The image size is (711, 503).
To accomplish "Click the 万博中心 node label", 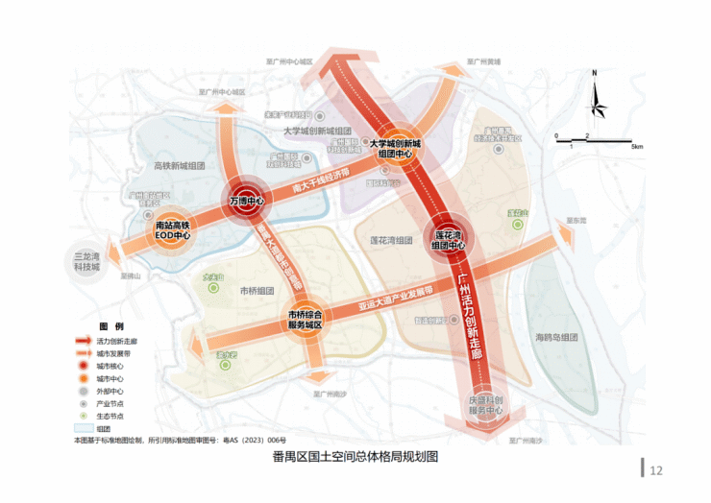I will [x=247, y=201].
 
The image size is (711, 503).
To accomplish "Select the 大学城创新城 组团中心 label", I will [x=395, y=148].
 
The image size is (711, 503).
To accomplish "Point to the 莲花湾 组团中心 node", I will [x=449, y=239].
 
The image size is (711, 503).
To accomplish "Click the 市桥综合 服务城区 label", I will [x=311, y=320].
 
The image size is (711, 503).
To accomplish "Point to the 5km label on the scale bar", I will [x=637, y=147].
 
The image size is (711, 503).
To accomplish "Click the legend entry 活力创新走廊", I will [x=116, y=341].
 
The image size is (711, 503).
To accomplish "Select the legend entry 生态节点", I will [x=109, y=417].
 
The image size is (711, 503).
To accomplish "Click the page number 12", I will [x=657, y=470].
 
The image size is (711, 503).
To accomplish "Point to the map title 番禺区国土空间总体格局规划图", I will [x=355, y=456].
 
